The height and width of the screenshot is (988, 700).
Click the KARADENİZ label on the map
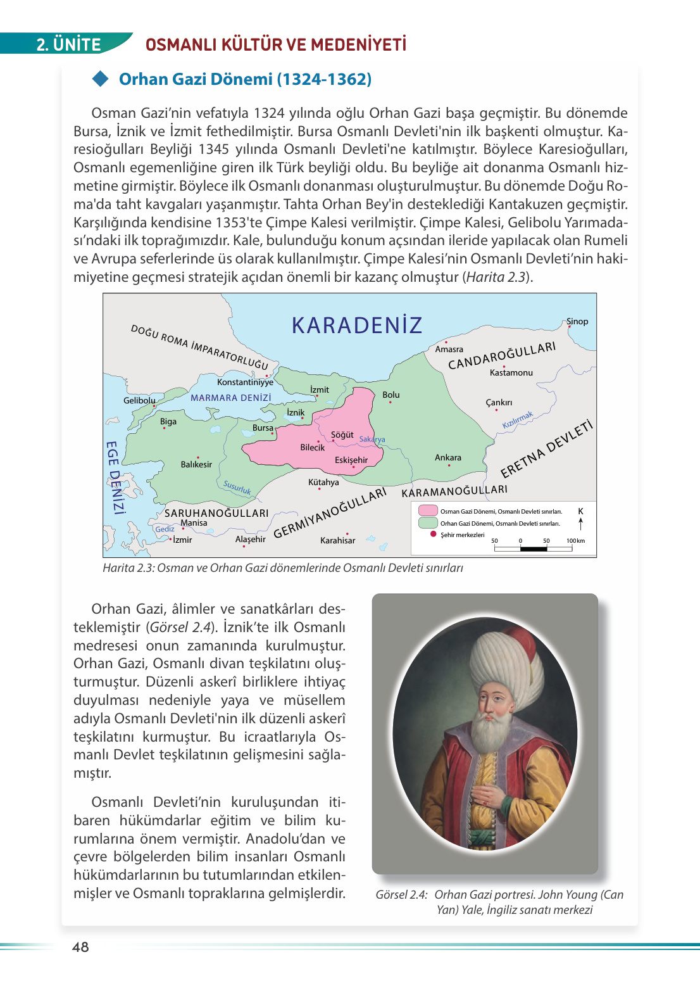point(356,326)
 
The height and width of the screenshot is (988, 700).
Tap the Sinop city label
point(577,322)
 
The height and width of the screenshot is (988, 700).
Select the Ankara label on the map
point(448,457)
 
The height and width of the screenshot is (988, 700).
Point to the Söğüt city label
point(342,434)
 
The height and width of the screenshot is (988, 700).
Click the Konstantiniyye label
point(245,382)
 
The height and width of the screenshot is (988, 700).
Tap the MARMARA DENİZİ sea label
point(231,398)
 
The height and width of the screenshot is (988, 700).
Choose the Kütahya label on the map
point(323,483)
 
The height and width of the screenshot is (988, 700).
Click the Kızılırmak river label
point(518,420)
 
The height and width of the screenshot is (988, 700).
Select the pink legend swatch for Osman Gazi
point(428,510)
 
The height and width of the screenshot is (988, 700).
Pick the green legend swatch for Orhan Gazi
point(428,523)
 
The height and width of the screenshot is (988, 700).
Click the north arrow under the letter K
point(580,523)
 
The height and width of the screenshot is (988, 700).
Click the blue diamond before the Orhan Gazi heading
point(101,79)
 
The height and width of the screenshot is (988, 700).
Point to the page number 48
point(80,947)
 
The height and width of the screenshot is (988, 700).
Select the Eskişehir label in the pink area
point(351,460)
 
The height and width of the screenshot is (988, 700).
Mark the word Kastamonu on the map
point(511,373)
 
